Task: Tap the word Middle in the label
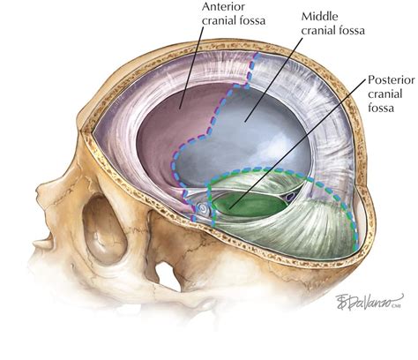[x=320, y=17]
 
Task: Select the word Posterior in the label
[x=392, y=80]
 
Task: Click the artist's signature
[x=369, y=301]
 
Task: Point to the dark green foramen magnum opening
[x=250, y=205]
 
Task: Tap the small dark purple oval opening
[x=290, y=197]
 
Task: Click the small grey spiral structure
[x=204, y=209]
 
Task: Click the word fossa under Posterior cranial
[x=381, y=109]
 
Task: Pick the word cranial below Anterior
[x=219, y=20]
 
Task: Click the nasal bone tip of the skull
[x=38, y=195]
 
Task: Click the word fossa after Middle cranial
[x=352, y=30]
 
